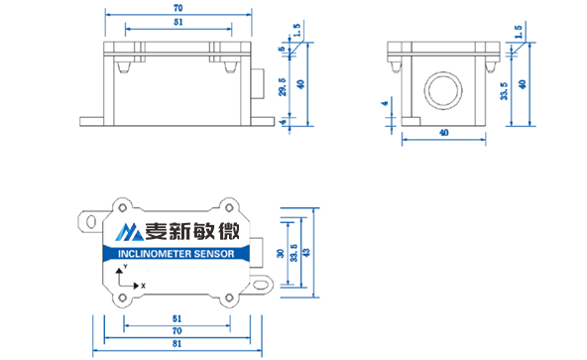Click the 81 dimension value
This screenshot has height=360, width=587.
pyautogui.click(x=176, y=343)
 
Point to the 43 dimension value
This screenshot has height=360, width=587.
pyautogui.click(x=306, y=253)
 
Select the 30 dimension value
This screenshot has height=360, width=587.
pyautogui.click(x=281, y=254)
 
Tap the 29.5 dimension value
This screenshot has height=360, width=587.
pyautogui.click(x=283, y=87)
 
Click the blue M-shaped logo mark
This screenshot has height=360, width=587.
pyautogui.click(x=129, y=232)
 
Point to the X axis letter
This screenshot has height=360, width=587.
pyautogui.click(x=143, y=286)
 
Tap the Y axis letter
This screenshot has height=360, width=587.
pyautogui.click(x=125, y=267)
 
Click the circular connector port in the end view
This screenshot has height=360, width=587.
pyautogui.click(x=443, y=90)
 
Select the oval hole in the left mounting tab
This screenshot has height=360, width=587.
pyautogui.click(x=91, y=221)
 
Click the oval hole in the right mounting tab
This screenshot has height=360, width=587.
pyautogui.click(x=261, y=284)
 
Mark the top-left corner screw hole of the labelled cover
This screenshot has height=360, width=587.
pyautogui.click(x=122, y=207)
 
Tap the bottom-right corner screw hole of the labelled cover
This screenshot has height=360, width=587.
pyautogui.click(x=229, y=298)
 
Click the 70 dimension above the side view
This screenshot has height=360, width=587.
pyautogui.click(x=178, y=8)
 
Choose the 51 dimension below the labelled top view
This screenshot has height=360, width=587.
pyautogui.click(x=176, y=318)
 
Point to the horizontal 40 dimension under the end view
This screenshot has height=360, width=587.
pyautogui.click(x=443, y=133)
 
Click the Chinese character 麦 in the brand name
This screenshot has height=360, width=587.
pyautogui.click(x=157, y=231)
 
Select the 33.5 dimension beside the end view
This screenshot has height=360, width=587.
pyautogui.click(x=505, y=91)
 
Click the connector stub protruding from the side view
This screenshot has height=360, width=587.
pyautogui.click(x=258, y=84)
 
